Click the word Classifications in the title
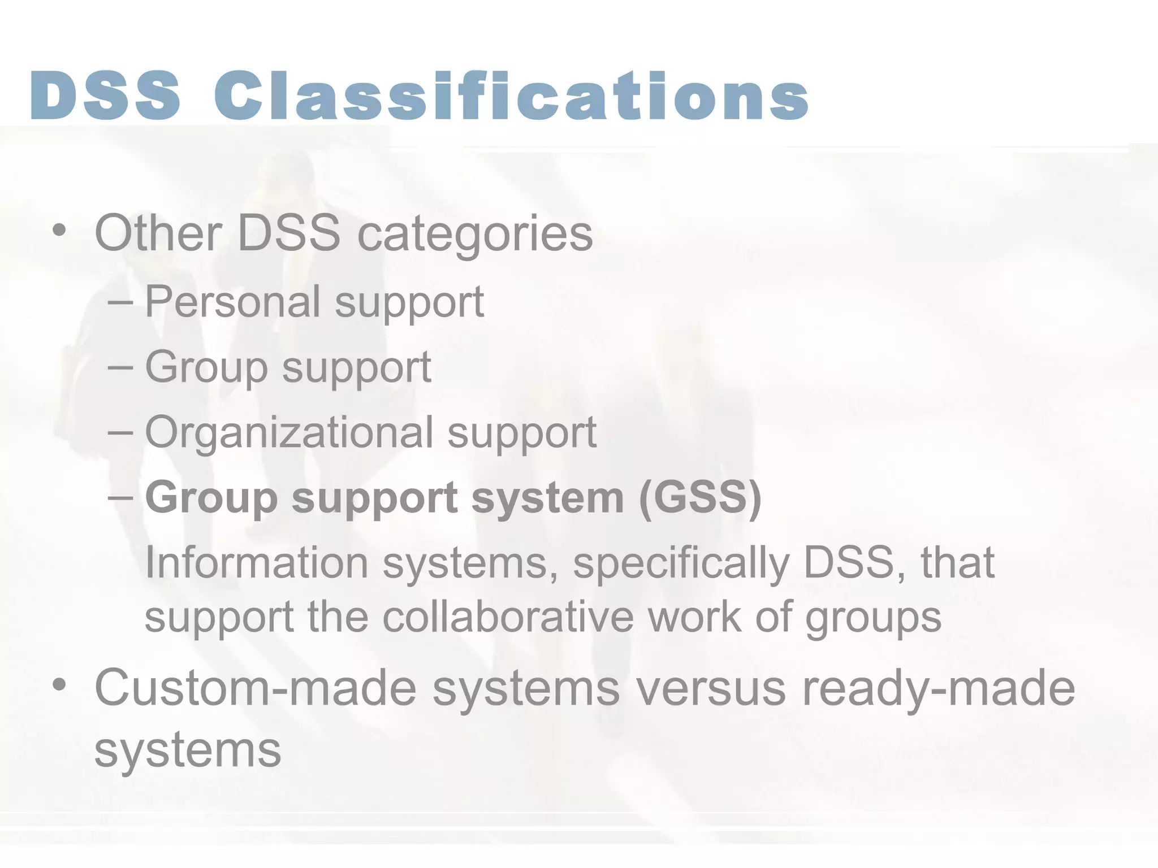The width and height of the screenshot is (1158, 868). click(x=511, y=96)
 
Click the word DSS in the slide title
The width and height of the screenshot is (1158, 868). click(x=106, y=96)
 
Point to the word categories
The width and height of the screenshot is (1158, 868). click(x=475, y=235)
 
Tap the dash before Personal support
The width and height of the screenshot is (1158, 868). click(x=120, y=302)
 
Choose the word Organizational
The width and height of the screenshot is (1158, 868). click(x=289, y=433)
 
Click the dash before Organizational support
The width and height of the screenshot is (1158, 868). click(x=120, y=433)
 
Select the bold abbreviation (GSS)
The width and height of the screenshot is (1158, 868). click(x=700, y=497)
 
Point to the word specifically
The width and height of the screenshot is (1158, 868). click(x=681, y=564)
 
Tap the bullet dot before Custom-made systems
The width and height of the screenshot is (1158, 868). click(x=59, y=685)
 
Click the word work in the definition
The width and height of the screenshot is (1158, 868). click(x=694, y=617)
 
